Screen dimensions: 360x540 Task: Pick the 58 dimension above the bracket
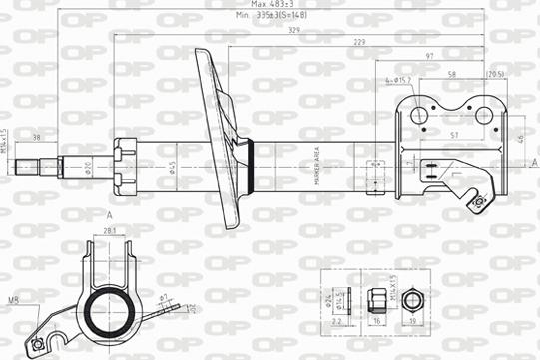452,75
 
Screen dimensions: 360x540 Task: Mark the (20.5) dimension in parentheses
495,75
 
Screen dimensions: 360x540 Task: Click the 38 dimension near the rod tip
37,137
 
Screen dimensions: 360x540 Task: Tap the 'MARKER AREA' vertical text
315,165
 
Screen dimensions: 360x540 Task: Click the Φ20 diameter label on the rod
88,166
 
